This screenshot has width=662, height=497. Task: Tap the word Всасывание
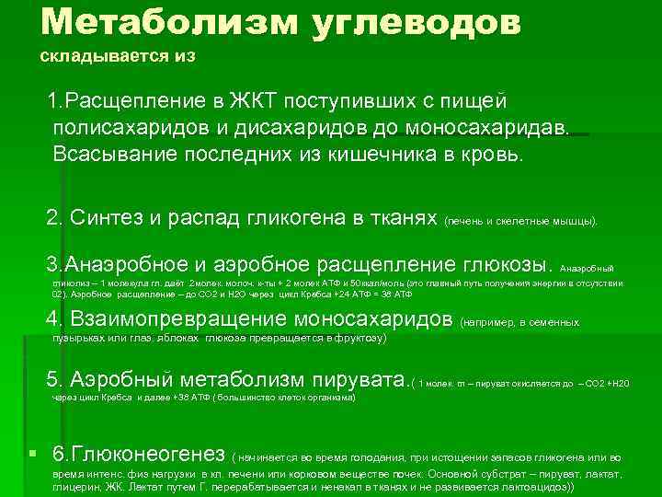(108, 154)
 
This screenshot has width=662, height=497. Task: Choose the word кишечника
(380, 154)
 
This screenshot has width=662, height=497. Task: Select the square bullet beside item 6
(32, 454)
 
